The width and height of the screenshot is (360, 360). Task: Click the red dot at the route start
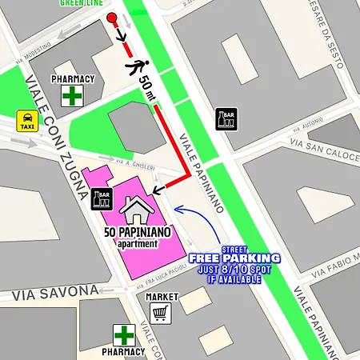pyautogui.click(x=111, y=18)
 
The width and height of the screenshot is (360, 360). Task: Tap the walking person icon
pyautogui.click(x=138, y=66)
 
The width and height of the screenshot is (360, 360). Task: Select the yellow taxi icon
pyautogui.click(x=27, y=121)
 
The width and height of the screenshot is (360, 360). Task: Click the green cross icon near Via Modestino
pyautogui.click(x=73, y=97)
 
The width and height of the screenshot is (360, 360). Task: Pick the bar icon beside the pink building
pyautogui.click(x=103, y=198)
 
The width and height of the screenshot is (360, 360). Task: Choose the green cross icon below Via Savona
pyautogui.click(x=123, y=334)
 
